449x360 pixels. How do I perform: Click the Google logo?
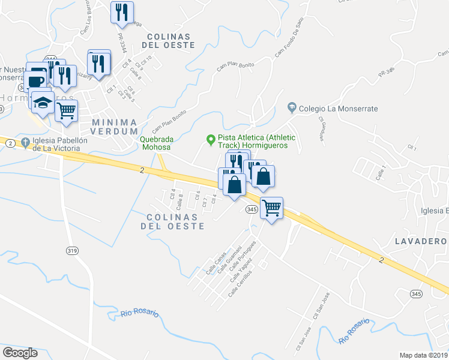pyautogui.click(x=20, y=353)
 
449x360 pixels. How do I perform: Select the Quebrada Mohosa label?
pyautogui.click(x=156, y=143)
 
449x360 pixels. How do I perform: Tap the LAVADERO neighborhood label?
pyautogui.click(x=421, y=241)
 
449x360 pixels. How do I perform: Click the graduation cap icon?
pyautogui.click(x=43, y=103)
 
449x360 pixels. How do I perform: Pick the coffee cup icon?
pyautogui.click(x=37, y=81)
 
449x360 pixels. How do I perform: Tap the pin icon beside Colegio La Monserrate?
pyautogui.click(x=292, y=108)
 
